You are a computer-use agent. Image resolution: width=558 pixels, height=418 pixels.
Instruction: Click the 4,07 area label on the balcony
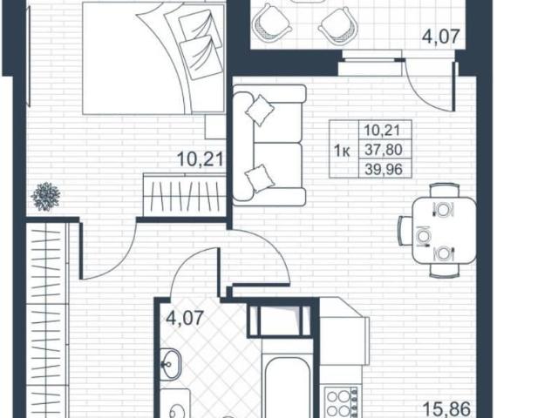(441, 37)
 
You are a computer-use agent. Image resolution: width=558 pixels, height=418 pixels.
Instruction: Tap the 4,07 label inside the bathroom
(185, 317)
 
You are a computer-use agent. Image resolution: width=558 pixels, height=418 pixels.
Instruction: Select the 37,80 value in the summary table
(384, 150)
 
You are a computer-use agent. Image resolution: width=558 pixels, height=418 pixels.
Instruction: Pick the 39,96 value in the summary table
(384, 169)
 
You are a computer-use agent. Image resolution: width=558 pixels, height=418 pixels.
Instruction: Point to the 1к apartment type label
(342, 152)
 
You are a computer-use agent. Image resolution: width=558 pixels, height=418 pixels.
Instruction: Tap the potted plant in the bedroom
(45, 196)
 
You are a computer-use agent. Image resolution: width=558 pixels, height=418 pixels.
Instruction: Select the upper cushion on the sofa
(260, 111)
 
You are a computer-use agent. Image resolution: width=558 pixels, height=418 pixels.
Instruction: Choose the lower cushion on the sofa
(261, 179)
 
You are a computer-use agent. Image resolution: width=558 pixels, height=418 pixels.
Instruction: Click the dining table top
(444, 231)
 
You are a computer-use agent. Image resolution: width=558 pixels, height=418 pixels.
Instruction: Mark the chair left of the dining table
(405, 230)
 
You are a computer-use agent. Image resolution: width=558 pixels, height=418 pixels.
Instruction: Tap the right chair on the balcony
(337, 25)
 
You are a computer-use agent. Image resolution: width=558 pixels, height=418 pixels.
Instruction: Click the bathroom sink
(171, 363)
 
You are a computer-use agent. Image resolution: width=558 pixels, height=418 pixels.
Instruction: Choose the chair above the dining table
(444, 191)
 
